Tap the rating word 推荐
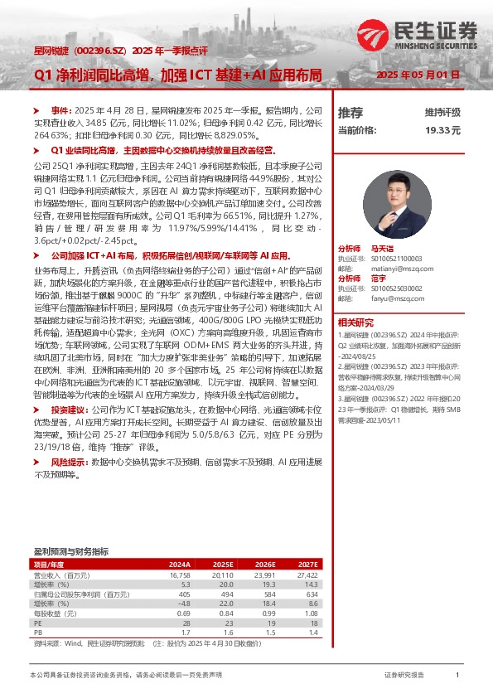pyautogui.click(x=350, y=112)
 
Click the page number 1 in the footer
pyautogui.click(x=457, y=676)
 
